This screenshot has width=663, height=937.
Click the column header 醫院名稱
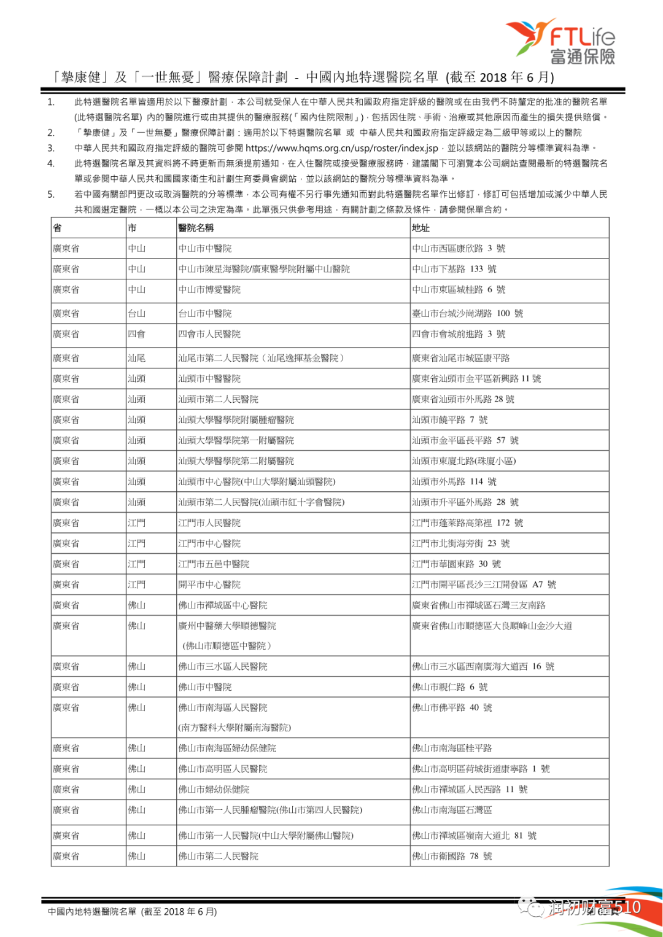point(196,228)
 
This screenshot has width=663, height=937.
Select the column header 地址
point(421,228)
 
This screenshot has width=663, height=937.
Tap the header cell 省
point(57,228)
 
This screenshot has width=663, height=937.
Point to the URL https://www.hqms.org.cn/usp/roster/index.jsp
point(341,148)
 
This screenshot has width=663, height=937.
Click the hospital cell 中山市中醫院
point(205,249)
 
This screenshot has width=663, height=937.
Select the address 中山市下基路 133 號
point(454,269)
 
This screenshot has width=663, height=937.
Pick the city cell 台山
point(136,314)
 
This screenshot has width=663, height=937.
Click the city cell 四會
point(136,334)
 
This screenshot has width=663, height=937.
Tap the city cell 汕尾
point(136,358)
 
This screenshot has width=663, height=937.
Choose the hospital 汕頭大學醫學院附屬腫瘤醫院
point(236,420)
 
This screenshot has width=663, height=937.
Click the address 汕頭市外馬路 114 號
point(454,482)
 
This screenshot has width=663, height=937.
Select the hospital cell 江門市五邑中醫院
point(214,564)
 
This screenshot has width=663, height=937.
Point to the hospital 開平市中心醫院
point(209,585)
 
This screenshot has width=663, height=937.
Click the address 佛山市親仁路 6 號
point(450,687)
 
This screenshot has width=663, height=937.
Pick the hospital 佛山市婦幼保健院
point(214,790)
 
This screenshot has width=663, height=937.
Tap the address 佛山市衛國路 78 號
point(452,857)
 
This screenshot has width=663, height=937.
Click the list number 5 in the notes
point(51,194)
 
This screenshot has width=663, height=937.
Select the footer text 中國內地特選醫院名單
point(92,912)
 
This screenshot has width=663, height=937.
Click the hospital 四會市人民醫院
point(209,334)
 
